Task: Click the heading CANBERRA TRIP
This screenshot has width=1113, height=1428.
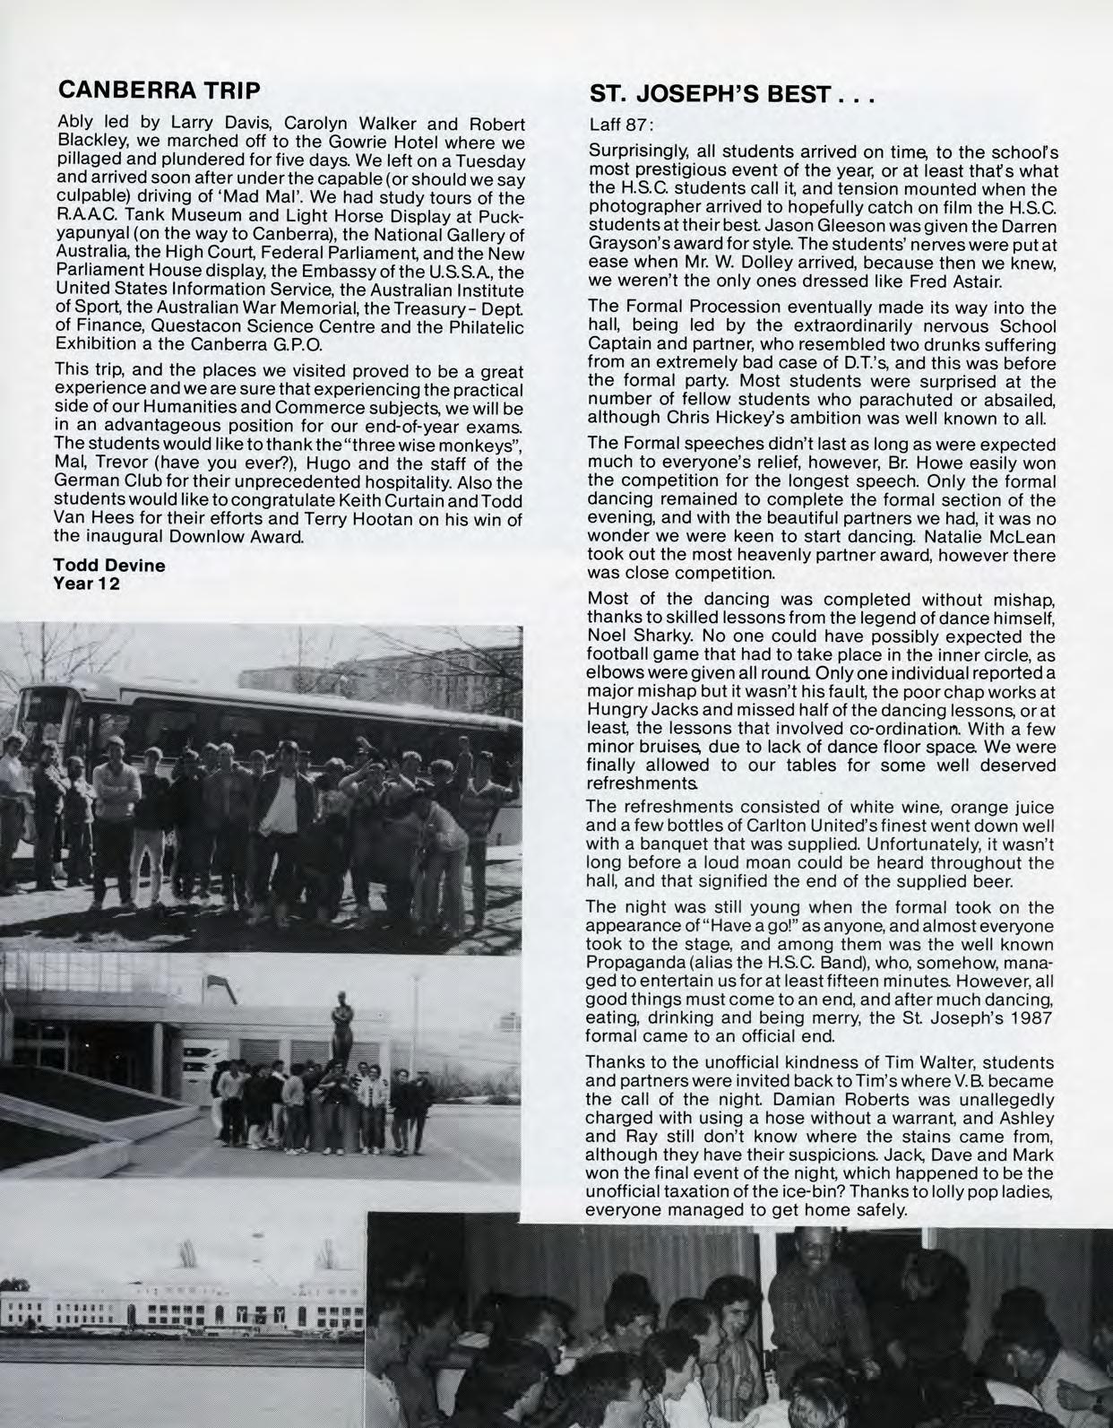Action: click(x=159, y=91)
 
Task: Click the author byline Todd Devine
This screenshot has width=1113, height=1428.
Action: click(x=109, y=566)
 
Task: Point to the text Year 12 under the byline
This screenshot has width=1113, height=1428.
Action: click(x=87, y=583)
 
